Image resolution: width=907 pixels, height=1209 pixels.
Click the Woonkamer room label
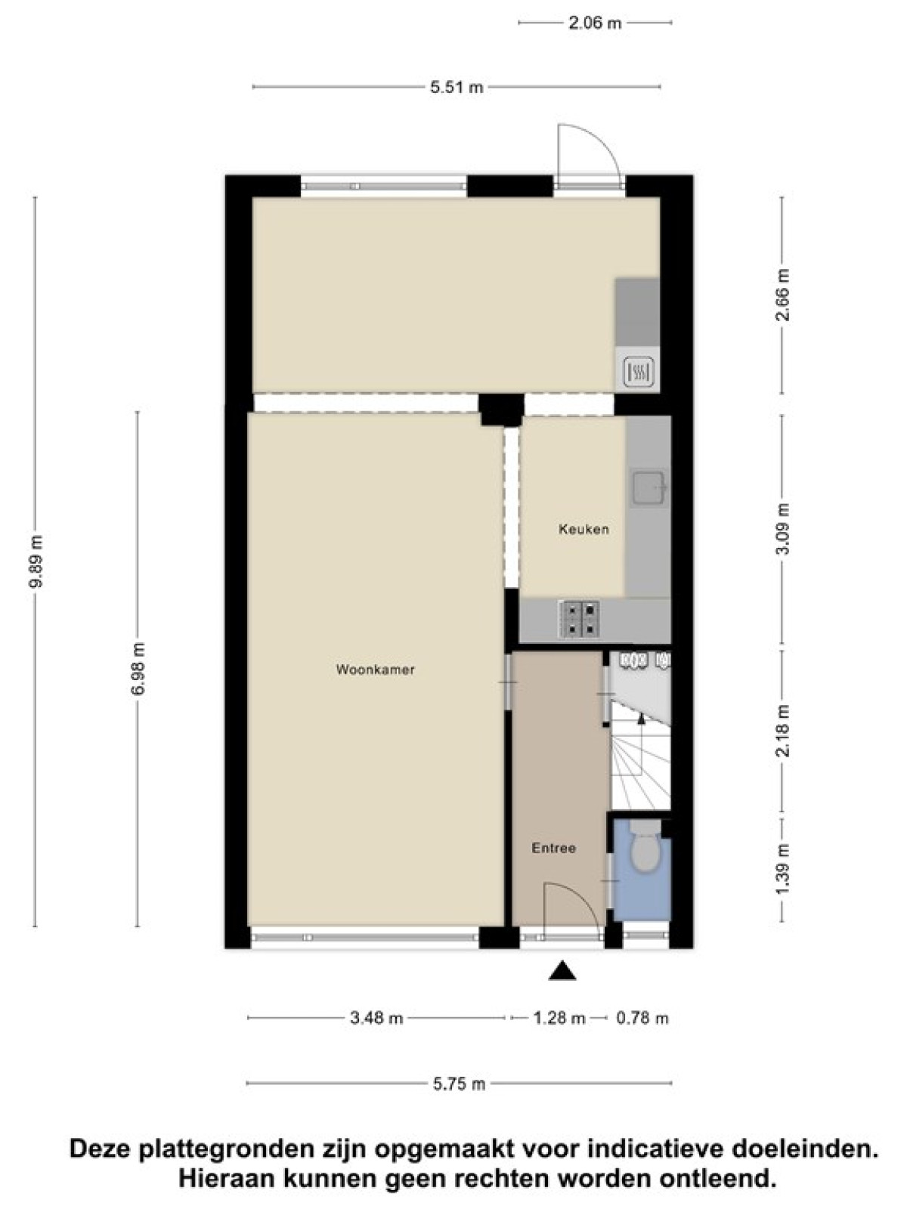(375, 669)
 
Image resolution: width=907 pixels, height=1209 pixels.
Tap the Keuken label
(584, 530)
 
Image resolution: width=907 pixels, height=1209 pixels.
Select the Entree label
(553, 849)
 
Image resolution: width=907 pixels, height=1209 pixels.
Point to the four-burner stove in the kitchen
(579, 619)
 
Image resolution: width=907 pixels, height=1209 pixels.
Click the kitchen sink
(649, 487)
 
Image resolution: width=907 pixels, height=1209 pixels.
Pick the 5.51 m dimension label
(457, 87)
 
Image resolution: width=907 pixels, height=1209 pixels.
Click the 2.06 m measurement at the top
(595, 23)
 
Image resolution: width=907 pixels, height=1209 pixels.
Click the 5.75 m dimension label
(459, 1084)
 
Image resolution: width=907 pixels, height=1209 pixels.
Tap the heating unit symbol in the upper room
(639, 372)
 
